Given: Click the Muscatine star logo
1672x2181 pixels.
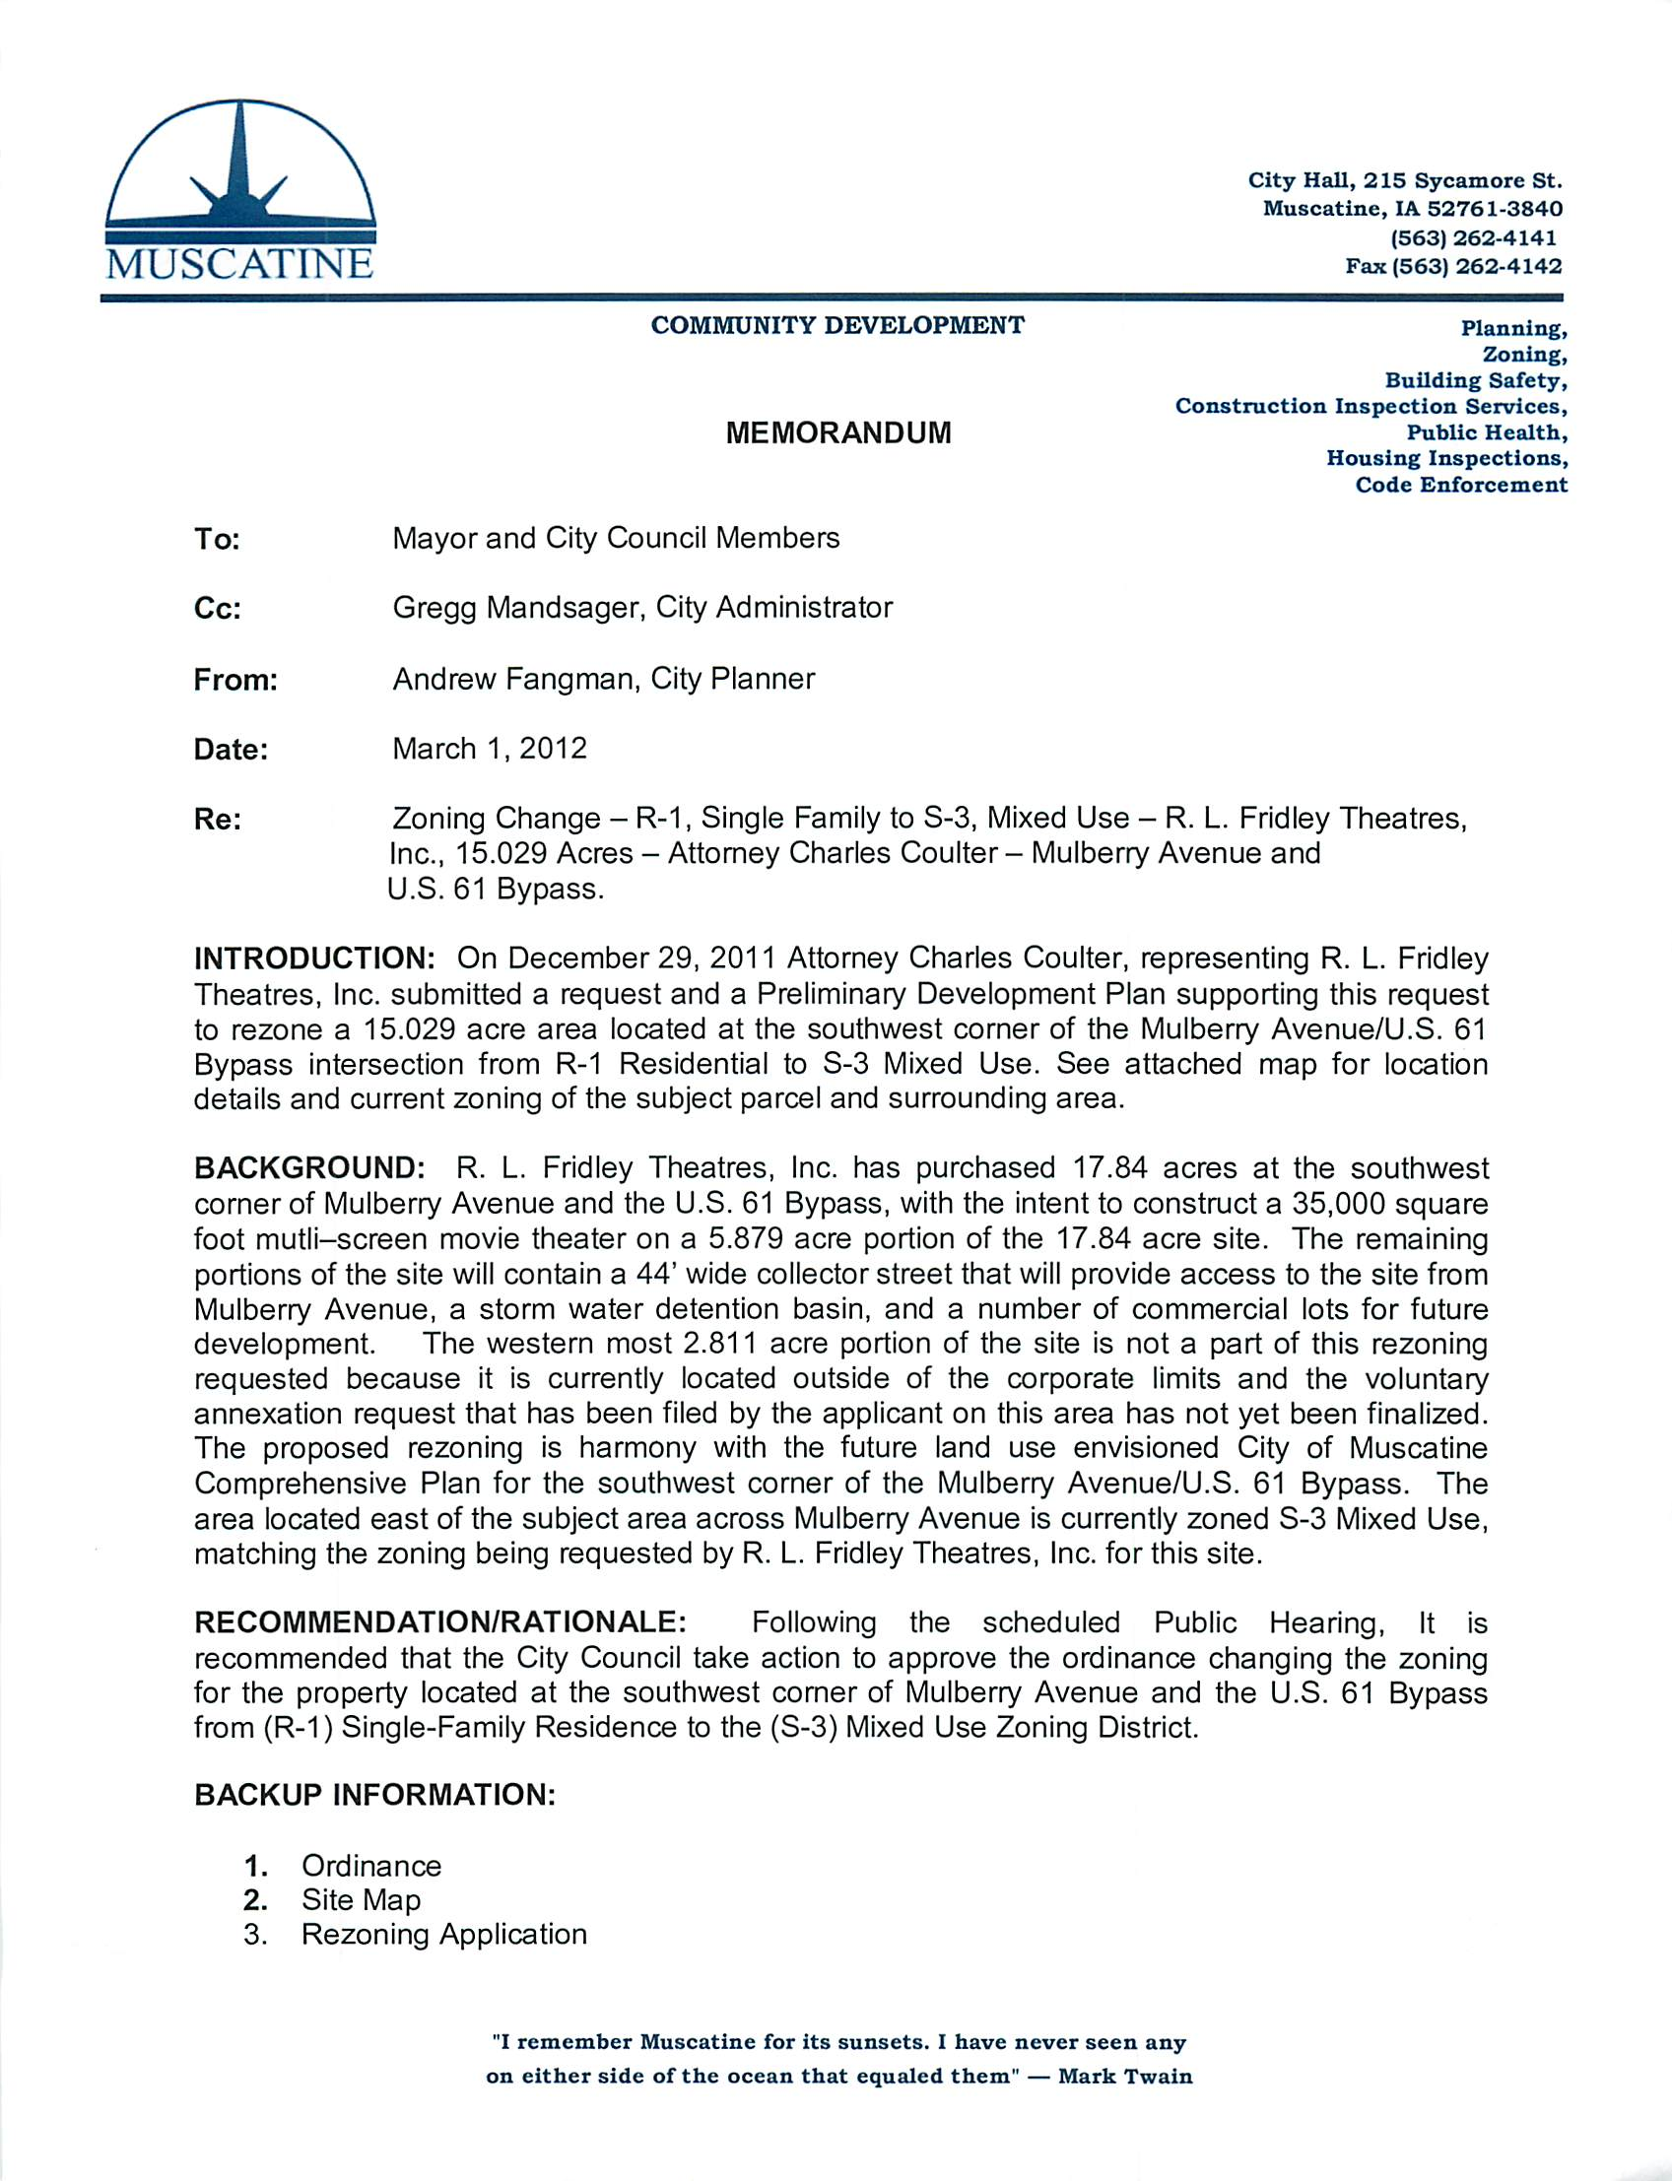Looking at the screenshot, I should point(238,189).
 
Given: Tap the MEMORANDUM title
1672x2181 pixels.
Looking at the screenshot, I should point(838,432).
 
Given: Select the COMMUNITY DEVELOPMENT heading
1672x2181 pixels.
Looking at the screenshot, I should point(837,325).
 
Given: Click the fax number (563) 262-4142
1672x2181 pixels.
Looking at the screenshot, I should point(1453,266).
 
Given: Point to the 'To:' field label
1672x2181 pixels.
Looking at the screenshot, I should point(217,539).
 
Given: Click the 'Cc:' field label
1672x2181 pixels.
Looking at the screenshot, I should point(217,609).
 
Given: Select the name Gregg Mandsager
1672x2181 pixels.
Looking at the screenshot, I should point(518,608).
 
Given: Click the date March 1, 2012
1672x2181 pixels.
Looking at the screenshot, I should point(490,749).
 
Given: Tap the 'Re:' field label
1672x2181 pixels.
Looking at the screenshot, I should point(217,820).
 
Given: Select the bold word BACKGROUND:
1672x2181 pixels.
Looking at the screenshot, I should point(309,1168).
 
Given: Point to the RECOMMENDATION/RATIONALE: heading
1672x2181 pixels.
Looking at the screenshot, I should point(439,1622).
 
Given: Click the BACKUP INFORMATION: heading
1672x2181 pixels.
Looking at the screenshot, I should point(374,1795).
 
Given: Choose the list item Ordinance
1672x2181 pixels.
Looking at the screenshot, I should point(371,1866).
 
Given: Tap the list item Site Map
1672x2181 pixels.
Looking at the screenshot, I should point(362,1899).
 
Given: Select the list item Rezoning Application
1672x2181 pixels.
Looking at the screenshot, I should point(444,1935).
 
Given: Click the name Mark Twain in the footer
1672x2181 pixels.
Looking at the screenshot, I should point(1124,2077).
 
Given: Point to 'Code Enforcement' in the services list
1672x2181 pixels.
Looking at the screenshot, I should point(1460,485).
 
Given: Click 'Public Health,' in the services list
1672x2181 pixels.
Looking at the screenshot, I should point(1486,431).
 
